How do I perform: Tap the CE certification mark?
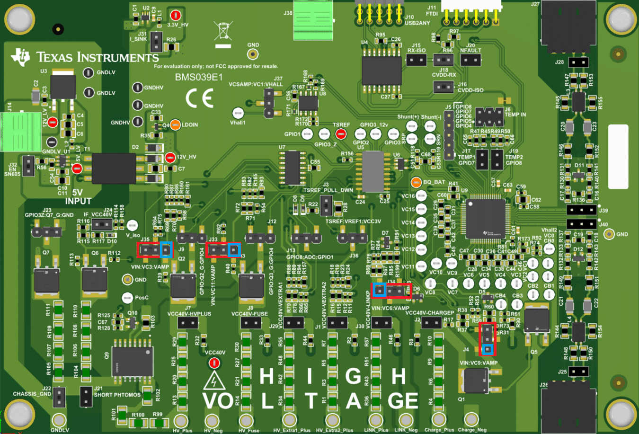point(199,98)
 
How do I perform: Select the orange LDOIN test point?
point(175,125)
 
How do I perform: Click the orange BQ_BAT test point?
point(416,182)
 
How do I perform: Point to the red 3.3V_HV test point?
point(176,16)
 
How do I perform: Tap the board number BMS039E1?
point(198,77)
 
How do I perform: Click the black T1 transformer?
point(114,168)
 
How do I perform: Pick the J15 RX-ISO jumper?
point(416,60)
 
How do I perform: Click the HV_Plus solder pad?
point(181,420)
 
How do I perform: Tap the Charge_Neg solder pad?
point(471,419)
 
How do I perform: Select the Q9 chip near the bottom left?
point(133,362)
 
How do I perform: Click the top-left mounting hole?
point(19,19)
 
